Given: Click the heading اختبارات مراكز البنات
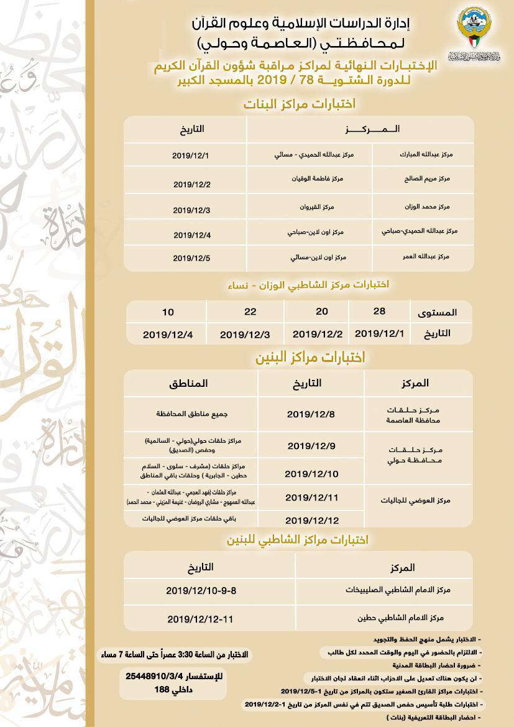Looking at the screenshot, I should (x=298, y=104).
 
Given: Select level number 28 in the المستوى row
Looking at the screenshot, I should (x=379, y=311).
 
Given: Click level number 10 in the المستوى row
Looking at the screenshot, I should (x=168, y=311).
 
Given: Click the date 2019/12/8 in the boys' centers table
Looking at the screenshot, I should (x=311, y=414).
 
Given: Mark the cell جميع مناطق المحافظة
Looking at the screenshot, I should (x=187, y=413).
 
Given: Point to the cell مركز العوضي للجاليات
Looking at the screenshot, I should (x=418, y=500).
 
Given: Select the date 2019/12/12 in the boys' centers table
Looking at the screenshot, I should (x=312, y=520).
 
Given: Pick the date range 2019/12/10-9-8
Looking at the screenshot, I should (x=201, y=589).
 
